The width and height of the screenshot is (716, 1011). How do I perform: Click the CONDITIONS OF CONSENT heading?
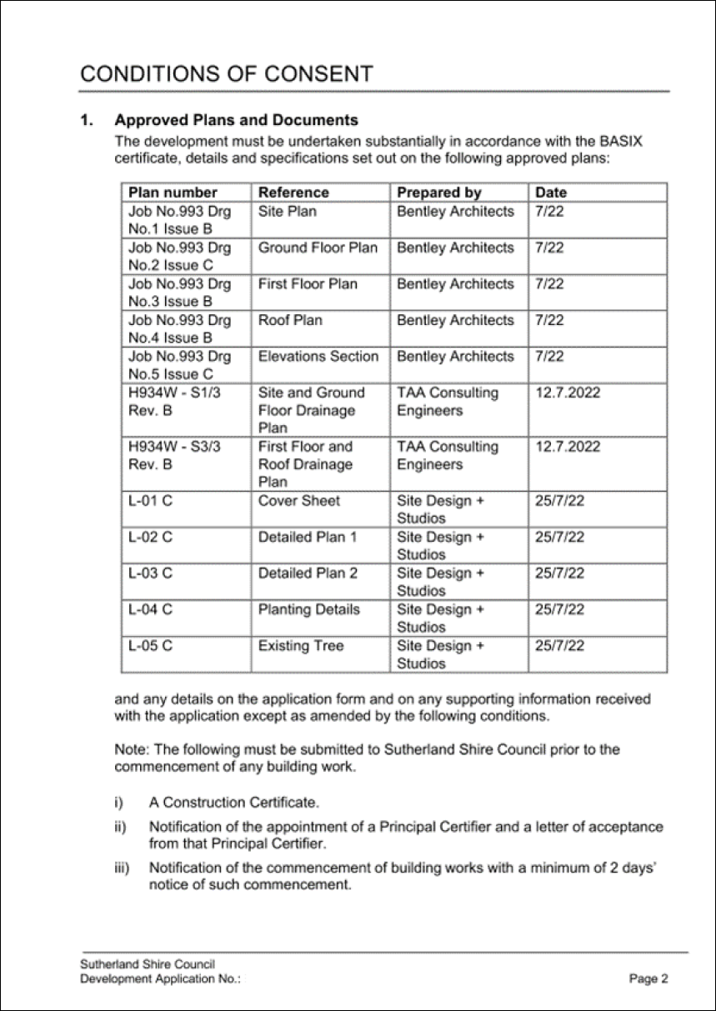[x=226, y=73]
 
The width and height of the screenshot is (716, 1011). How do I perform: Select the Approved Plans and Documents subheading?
[x=236, y=121]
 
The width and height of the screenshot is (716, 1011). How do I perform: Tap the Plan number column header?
[x=173, y=193]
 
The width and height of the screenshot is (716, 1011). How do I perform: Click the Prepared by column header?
[x=439, y=193]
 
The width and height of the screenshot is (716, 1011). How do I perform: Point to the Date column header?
[x=550, y=193]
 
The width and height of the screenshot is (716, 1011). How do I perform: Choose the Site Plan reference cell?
[x=288, y=212]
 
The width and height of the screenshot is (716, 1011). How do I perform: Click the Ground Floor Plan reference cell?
[x=318, y=248]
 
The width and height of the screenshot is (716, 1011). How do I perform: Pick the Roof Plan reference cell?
[x=290, y=320]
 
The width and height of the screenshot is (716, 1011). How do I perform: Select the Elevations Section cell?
[x=318, y=357]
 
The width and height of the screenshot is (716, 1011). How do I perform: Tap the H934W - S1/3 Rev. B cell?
[x=173, y=402]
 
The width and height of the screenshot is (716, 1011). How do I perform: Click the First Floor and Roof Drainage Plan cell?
[x=305, y=464]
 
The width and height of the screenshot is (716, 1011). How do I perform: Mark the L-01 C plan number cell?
[x=151, y=501]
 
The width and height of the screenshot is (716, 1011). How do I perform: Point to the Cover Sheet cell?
[x=299, y=501]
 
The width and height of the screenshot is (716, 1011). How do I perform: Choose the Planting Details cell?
[x=309, y=609]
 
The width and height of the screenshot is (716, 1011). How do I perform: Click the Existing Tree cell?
[x=301, y=646]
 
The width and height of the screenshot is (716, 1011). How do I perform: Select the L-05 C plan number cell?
[x=151, y=646]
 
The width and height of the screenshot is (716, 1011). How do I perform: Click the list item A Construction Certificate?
[x=233, y=803]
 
